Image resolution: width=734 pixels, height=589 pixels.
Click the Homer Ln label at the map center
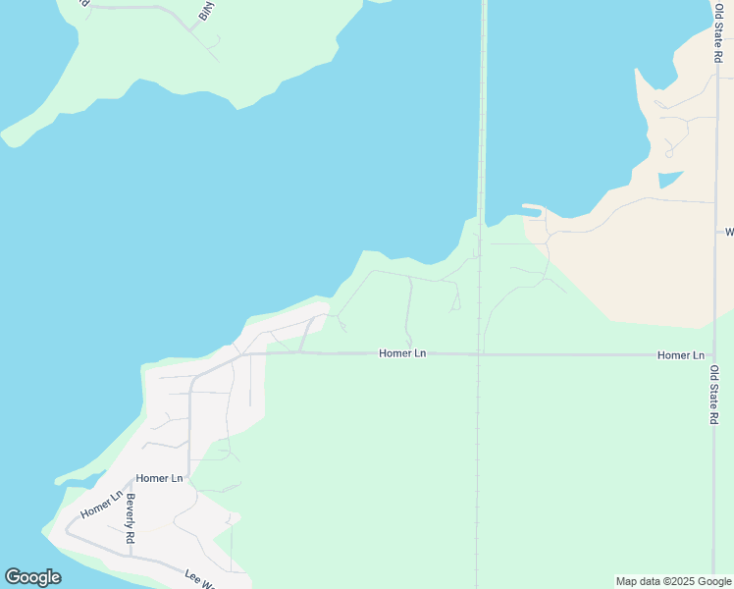pyautogui.click(x=402, y=353)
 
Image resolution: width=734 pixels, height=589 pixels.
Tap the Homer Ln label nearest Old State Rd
pyautogui.click(x=681, y=354)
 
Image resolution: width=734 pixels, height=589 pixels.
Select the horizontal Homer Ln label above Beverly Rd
pyautogui.click(x=160, y=478)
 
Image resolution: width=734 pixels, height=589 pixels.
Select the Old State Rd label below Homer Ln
pyautogui.click(x=715, y=395)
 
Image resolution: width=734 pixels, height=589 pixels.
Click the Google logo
pyautogui.click(x=32, y=577)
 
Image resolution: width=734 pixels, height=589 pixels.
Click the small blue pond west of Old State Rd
pyautogui.click(x=669, y=180)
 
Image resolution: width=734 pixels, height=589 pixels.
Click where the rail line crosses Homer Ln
pyautogui.click(x=479, y=353)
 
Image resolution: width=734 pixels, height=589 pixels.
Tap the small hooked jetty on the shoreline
pyautogui.click(x=533, y=209)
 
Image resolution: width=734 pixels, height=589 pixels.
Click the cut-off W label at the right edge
pyautogui.click(x=728, y=233)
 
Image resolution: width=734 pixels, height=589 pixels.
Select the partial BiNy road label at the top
pyautogui.click(x=205, y=13)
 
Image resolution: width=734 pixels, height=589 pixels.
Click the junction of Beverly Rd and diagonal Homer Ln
pyautogui.click(x=130, y=484)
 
